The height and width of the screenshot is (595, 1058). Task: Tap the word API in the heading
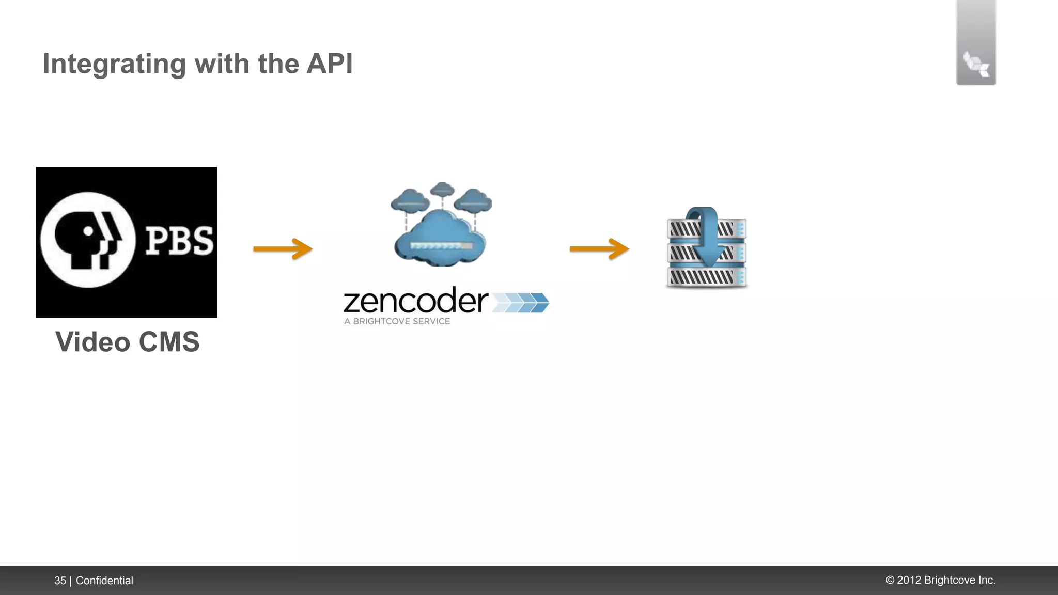[x=329, y=64]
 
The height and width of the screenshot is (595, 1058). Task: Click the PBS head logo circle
[x=87, y=240]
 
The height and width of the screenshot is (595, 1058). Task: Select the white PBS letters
[x=179, y=241]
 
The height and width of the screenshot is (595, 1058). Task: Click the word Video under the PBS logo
[x=92, y=342]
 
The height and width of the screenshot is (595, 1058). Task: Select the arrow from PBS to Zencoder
[x=283, y=249]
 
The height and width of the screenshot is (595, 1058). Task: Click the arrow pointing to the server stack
[x=599, y=249]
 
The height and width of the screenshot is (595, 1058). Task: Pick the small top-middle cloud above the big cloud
[x=442, y=189]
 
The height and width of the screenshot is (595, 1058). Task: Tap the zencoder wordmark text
[x=416, y=301]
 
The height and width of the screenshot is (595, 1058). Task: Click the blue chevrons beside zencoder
[x=520, y=303]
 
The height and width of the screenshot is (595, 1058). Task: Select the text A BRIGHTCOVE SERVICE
[x=397, y=321]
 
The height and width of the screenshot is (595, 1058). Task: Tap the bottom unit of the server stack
[x=706, y=278]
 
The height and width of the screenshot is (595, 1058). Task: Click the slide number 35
[x=60, y=581]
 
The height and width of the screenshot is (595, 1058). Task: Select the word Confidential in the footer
[x=104, y=581]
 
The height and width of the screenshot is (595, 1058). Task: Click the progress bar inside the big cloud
[x=441, y=246]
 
